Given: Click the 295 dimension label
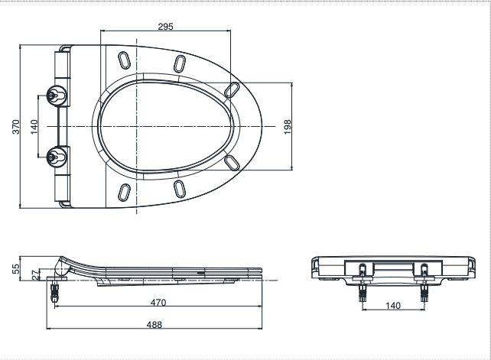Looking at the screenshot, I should (166, 26).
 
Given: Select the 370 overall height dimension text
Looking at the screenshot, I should (15, 126).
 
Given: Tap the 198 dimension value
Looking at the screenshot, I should (288, 126).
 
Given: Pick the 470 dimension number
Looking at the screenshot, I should (158, 303).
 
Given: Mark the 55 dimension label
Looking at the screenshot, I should (15, 268).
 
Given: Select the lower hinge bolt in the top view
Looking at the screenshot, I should (54, 157).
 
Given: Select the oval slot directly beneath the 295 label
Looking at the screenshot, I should (179, 63).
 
